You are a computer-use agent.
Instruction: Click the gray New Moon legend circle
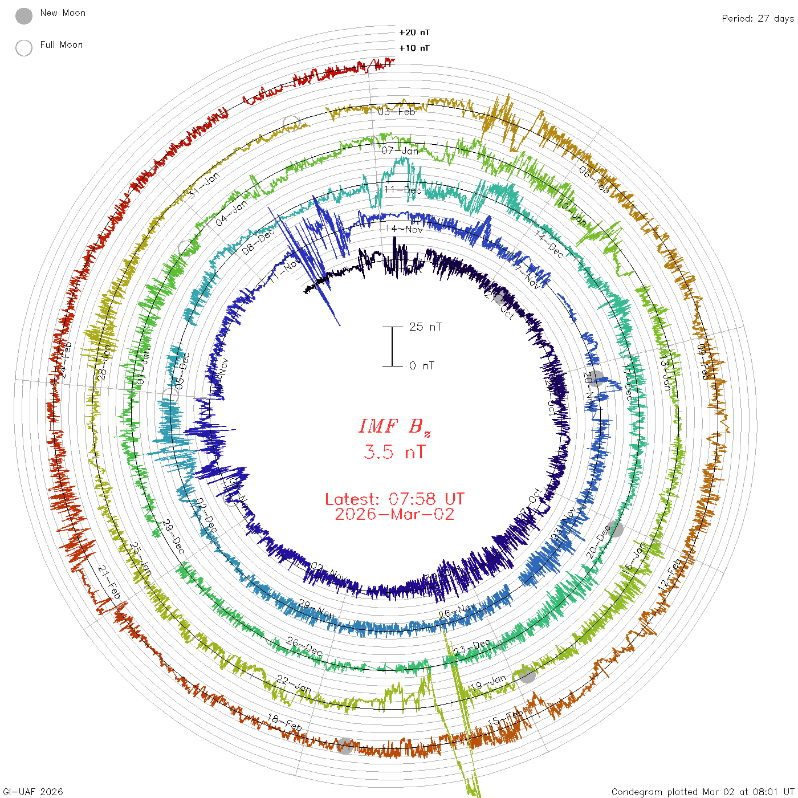click(x=24, y=16)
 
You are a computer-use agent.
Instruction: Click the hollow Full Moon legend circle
click(x=24, y=48)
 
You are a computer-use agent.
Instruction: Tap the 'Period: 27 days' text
click(x=758, y=18)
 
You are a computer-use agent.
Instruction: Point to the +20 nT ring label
click(x=414, y=32)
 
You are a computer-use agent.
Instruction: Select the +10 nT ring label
click(x=414, y=48)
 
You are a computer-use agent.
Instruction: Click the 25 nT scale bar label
click(x=425, y=327)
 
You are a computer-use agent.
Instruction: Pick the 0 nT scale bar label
click(x=422, y=365)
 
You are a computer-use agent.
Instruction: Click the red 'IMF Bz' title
click(x=394, y=426)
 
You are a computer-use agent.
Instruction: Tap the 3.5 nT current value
click(x=394, y=452)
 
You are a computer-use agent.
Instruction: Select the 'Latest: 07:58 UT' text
click(x=394, y=499)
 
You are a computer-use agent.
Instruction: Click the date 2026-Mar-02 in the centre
click(x=394, y=514)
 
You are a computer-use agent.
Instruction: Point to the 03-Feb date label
click(x=397, y=111)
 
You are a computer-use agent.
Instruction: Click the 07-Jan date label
click(x=400, y=150)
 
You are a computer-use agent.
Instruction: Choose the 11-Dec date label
click(x=402, y=190)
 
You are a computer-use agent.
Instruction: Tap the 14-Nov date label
click(x=404, y=229)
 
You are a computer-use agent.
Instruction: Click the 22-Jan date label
click(x=294, y=684)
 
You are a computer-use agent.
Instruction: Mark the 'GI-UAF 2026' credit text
click(x=33, y=792)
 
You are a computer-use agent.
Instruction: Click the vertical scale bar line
click(x=392, y=346)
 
